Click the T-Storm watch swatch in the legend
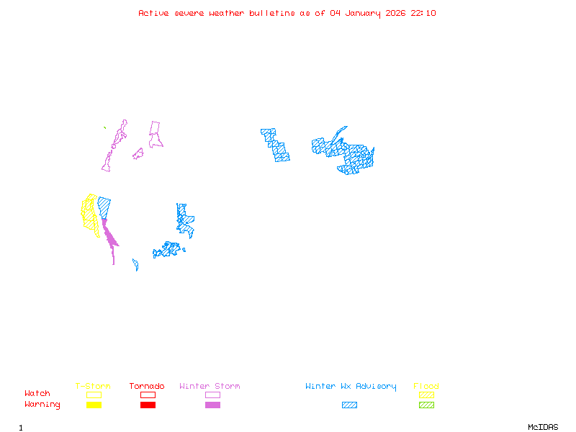[x=94, y=395]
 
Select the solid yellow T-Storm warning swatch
[x=94, y=405]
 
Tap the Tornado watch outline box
[x=148, y=395]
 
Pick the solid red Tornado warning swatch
[x=148, y=405]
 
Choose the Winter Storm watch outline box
[x=212, y=395]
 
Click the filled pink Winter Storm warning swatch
[x=212, y=405]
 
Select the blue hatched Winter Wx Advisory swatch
[x=349, y=405]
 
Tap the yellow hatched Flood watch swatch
[x=426, y=395]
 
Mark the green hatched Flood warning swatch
[x=426, y=405]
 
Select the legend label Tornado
[x=147, y=386]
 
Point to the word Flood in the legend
[x=426, y=386]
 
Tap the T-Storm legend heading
[x=93, y=386]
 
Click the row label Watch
[x=37, y=394]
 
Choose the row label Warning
[x=42, y=405]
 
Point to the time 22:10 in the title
[x=423, y=13]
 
